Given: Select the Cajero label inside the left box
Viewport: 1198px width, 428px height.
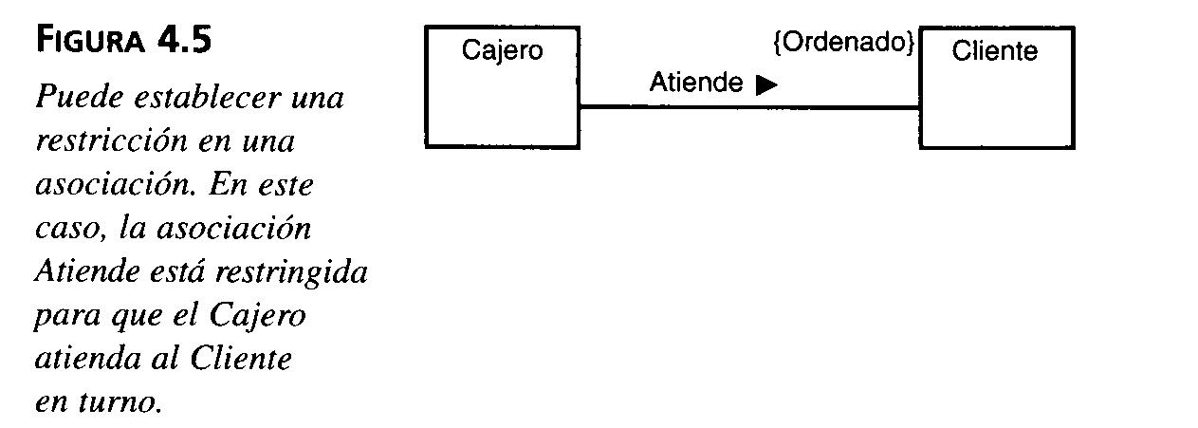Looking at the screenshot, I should point(502,49).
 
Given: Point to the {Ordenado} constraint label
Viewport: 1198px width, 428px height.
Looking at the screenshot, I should point(844,43).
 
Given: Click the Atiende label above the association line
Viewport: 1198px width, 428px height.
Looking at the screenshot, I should point(695,84).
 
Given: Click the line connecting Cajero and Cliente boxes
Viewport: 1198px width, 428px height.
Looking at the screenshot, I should point(749,107).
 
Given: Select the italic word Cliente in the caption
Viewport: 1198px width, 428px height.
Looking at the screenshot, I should point(241,360).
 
